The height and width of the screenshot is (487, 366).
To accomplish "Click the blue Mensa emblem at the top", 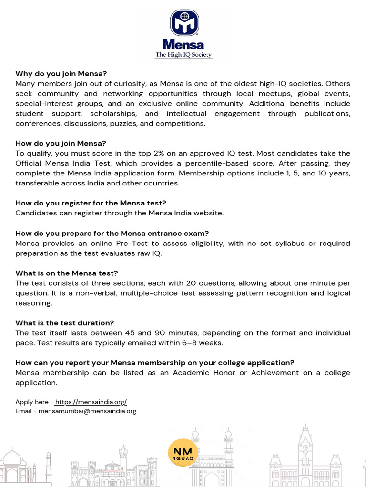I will [184, 23].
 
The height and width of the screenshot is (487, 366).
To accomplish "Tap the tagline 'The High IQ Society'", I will [183, 55].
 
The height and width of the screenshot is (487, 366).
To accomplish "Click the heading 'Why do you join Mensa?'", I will [61, 74].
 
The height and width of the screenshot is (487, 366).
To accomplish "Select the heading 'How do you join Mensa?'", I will [61, 143].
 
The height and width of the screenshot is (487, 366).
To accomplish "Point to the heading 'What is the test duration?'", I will [64, 323].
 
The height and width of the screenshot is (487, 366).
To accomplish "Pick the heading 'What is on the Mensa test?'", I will [66, 273].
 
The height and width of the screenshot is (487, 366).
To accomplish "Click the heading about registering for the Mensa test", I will [91, 203].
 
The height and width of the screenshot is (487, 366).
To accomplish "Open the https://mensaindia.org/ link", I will [91, 402].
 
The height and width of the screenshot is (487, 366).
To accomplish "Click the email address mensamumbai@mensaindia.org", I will [87, 411].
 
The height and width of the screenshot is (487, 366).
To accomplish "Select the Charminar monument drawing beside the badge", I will [211, 457].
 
